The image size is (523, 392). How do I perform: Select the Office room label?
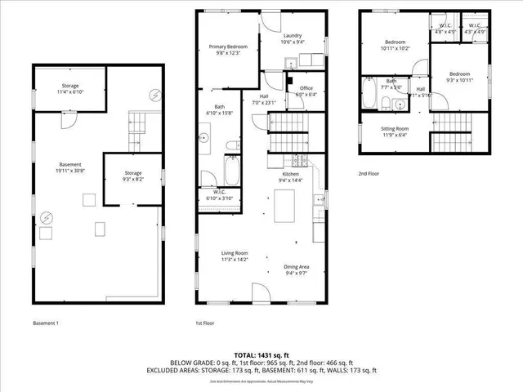coord(306,91)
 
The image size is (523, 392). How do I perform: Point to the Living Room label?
coord(234,256)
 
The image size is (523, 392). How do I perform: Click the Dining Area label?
coord(296,269)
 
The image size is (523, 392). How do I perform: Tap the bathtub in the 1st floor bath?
coord(231,171)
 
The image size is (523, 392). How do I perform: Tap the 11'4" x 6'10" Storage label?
coord(69,88)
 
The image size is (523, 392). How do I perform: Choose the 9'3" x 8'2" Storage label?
coord(132,176)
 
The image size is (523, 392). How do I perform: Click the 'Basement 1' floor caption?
coord(46,323)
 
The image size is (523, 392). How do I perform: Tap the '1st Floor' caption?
coord(206,323)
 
